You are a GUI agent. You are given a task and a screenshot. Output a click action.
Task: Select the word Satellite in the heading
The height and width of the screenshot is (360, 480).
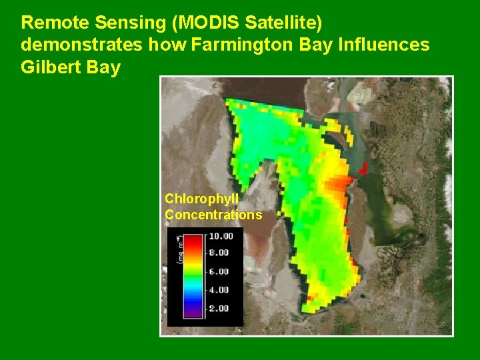tap(283, 23)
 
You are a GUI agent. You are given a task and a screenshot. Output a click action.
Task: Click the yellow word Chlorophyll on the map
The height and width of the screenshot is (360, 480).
tap(201, 199)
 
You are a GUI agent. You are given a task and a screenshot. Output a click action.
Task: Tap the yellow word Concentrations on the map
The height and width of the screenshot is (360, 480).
tap(213, 215)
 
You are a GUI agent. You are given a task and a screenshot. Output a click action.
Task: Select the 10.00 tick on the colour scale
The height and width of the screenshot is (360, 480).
tap(221, 236)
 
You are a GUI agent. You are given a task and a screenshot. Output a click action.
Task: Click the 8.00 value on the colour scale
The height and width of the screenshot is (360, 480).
tap(219, 253)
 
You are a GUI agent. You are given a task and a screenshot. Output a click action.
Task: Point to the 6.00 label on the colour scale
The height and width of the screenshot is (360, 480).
tap(219, 271)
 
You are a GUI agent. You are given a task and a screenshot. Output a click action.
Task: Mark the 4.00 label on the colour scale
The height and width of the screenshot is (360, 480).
tap(219, 290)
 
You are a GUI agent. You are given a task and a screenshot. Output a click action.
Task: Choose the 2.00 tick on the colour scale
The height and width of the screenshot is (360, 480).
tap(219, 308)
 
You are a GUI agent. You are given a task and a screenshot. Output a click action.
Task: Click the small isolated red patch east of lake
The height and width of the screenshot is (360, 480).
tap(364, 167)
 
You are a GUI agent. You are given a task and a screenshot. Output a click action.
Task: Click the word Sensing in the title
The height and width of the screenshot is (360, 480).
tap(131, 23)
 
